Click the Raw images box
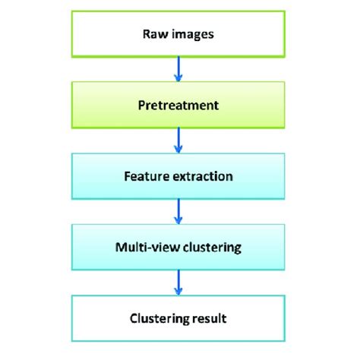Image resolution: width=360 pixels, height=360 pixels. click(179, 33)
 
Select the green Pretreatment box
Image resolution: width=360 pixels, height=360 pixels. click(179, 105)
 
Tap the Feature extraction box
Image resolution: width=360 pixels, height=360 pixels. click(179, 176)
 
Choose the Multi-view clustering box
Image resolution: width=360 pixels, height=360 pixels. click(179, 248)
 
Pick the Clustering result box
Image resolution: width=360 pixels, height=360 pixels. click(179, 319)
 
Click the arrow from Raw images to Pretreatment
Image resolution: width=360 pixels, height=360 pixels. click(179, 69)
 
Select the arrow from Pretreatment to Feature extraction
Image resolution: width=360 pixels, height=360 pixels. click(179, 141)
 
